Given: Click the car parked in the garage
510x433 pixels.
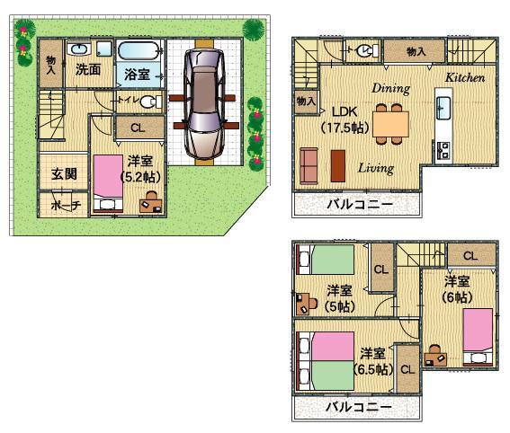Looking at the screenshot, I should [x=204, y=103].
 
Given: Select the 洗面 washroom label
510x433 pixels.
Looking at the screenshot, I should [x=87, y=68].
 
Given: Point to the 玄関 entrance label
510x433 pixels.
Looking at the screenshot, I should [x=63, y=173].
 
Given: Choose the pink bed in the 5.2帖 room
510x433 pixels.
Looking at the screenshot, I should [x=110, y=176].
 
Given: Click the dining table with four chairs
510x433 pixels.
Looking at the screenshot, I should [x=390, y=124].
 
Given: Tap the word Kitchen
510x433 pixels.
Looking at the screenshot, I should [x=465, y=78].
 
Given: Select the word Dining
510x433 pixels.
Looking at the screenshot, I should [x=389, y=88].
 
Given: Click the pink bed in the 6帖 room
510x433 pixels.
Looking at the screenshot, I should [x=478, y=330].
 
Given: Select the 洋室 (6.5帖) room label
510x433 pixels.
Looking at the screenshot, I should [x=373, y=360].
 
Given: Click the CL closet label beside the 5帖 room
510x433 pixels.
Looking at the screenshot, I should [x=380, y=270].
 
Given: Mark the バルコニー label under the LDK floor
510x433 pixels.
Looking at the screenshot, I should [x=359, y=205].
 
